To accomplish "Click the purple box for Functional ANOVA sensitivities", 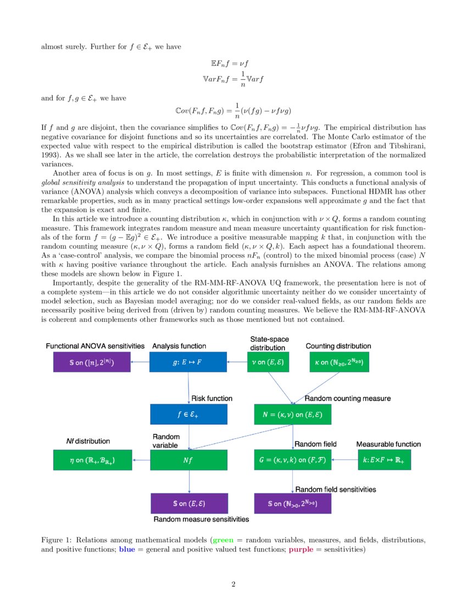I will tap(92, 362).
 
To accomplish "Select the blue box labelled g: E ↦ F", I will tap(188, 362).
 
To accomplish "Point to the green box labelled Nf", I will tap(188, 460).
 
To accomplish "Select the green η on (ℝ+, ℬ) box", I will tap(92, 460).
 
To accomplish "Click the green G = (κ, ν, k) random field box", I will tap(292, 460).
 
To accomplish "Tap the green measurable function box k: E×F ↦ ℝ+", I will tap(388, 460).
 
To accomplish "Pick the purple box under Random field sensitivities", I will tap(292, 503).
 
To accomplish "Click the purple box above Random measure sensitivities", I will tap(188, 503).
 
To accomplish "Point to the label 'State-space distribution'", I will tap(269, 343).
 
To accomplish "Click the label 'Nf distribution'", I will tap(87, 441).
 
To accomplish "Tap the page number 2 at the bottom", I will tap(233, 584).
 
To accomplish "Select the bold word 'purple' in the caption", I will tap(301, 549).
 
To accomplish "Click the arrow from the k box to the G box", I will tap(344, 460).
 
